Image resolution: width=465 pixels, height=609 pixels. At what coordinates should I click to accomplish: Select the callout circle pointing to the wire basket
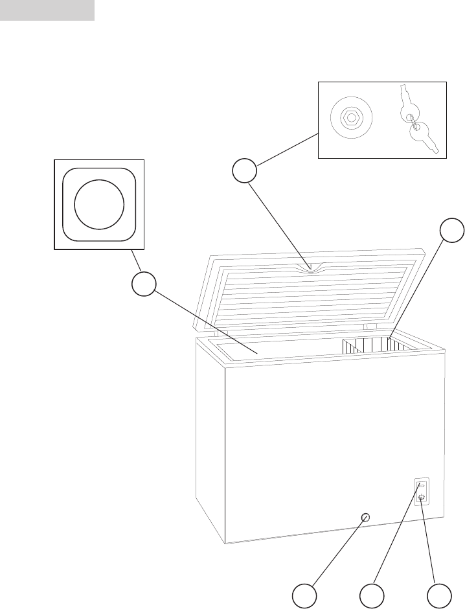(452, 232)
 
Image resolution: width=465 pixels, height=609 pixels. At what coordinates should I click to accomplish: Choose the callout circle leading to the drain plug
(304, 596)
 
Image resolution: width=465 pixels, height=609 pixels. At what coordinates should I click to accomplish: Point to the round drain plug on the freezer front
(365, 516)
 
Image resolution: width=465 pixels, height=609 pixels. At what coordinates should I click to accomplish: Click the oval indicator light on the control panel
(422, 485)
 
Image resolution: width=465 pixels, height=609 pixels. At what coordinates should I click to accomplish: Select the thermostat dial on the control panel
(422, 498)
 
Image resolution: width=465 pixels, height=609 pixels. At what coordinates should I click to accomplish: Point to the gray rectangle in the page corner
(47, 10)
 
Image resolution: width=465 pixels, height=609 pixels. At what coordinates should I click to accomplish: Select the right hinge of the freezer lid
(370, 327)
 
